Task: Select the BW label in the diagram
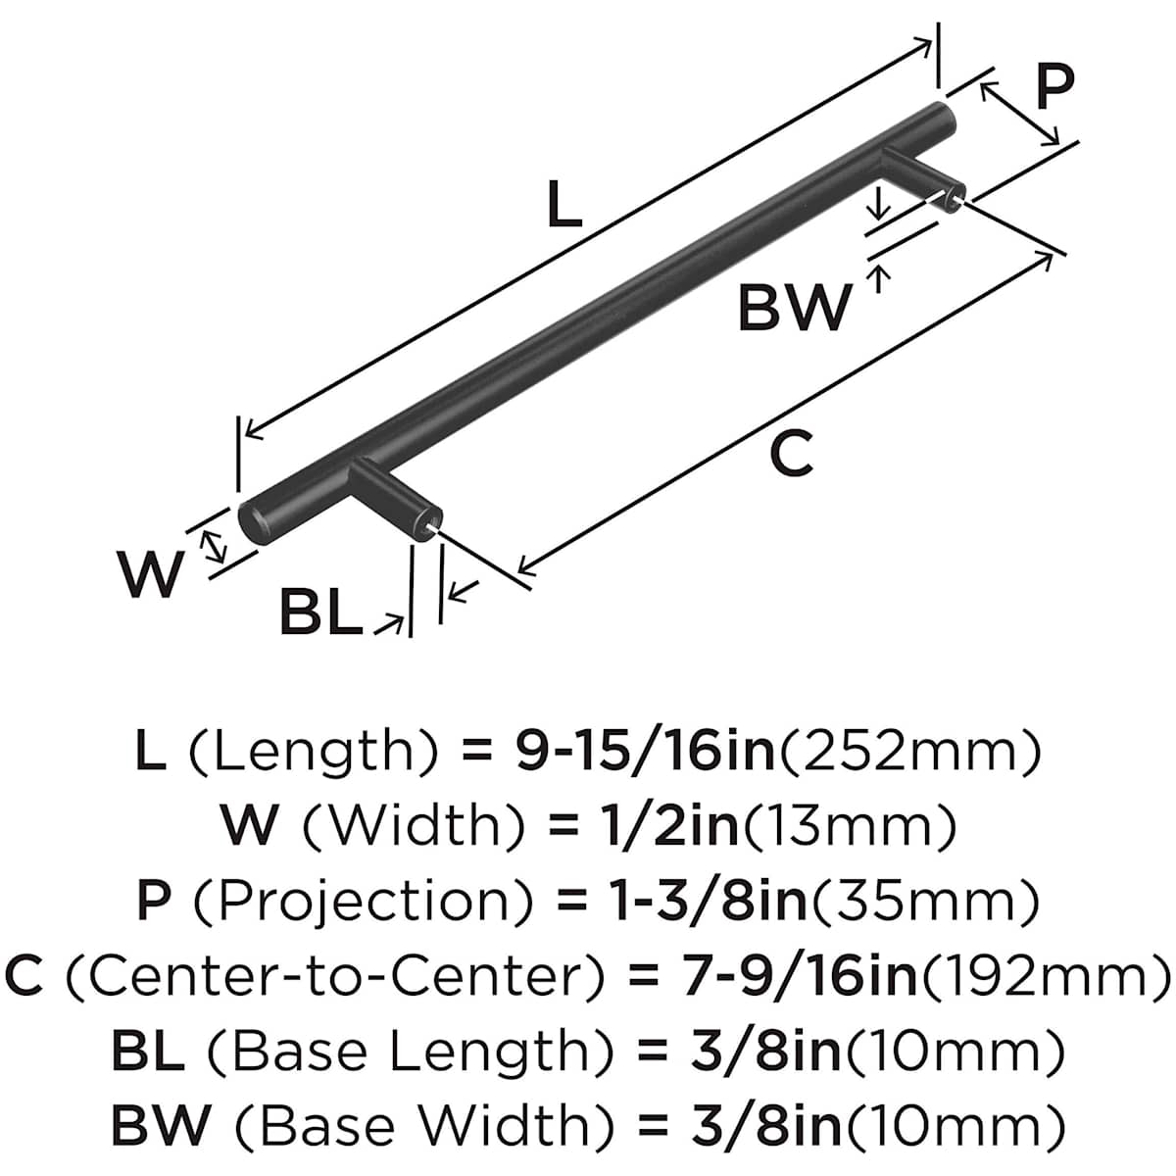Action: pos(795,307)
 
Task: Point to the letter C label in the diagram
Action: pos(791,453)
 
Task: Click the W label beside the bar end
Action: pos(150,575)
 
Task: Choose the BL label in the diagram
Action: pos(319,612)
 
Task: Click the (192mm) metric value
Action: pos(1045,975)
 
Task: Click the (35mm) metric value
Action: pos(924,901)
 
